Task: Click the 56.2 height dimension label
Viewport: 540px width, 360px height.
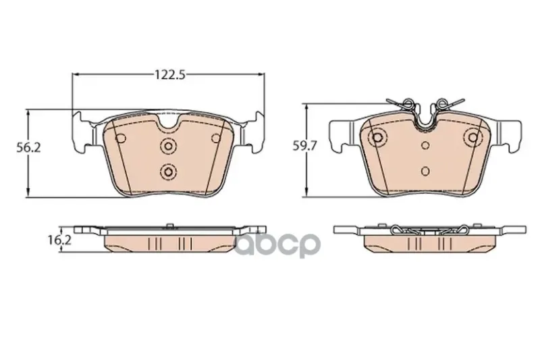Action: click(29, 147)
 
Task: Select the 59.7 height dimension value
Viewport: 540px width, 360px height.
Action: click(304, 146)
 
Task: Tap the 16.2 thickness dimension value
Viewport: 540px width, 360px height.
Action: click(59, 240)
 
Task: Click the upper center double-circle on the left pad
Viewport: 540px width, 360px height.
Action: click(168, 146)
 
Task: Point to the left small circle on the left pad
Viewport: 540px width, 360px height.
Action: click(121, 138)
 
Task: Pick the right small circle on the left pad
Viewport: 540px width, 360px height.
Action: click(216, 138)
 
